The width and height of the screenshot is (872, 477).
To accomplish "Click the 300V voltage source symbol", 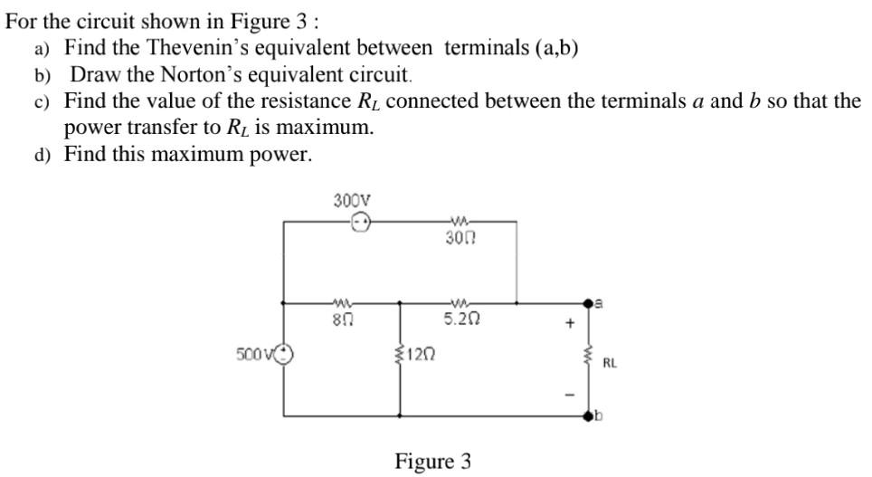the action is pos(360,221).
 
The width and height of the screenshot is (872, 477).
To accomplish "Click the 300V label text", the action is pos(351,199).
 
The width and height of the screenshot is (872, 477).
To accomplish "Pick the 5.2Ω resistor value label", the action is pos(461,319).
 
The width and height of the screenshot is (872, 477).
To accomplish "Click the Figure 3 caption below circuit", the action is pos(432,462).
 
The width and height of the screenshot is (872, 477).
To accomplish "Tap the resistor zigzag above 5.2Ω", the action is pos(461,303).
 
